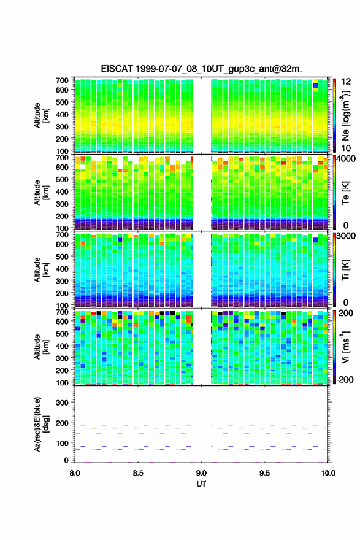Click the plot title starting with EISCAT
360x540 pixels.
[x=201, y=69]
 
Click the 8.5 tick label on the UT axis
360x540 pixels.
[x=138, y=473]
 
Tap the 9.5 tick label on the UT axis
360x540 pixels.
[x=265, y=473]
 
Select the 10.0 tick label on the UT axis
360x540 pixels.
[x=328, y=473]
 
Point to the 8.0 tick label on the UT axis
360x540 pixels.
[x=75, y=473]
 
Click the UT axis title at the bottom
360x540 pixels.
[x=201, y=484]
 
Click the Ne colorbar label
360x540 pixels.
[x=345, y=115]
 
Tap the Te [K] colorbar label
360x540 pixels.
[x=345, y=193]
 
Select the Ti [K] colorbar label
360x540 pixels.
[x=345, y=270]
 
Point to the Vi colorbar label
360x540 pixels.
[x=345, y=347]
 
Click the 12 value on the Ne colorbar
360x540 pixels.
[x=346, y=82]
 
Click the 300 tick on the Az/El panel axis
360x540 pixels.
[x=63, y=403]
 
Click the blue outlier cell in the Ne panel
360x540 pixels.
[x=315, y=86]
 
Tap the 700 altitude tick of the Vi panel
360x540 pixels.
[x=63, y=312]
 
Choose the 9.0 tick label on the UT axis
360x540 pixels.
[x=201, y=473]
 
